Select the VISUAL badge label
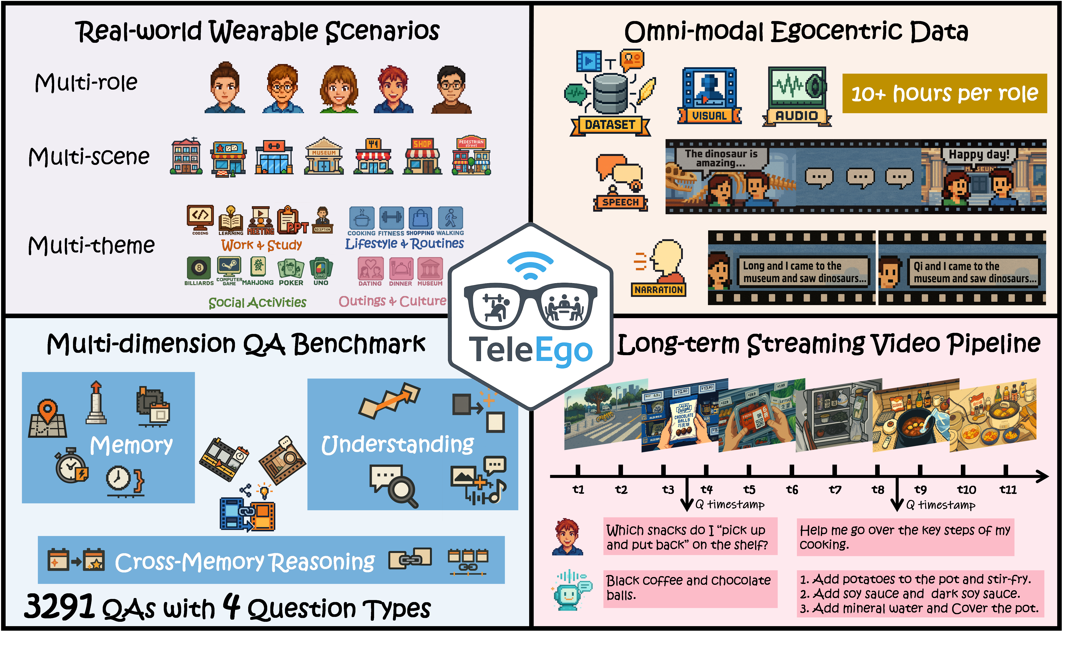pos(709,116)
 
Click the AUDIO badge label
pos(797,116)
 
